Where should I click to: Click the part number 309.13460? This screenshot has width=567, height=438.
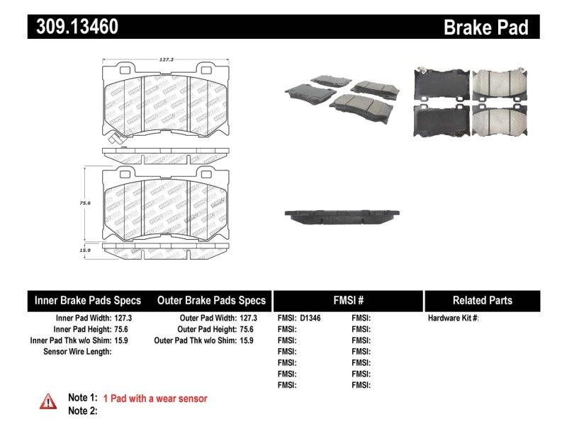click(x=73, y=27)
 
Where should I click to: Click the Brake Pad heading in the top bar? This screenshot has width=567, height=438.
click(x=486, y=28)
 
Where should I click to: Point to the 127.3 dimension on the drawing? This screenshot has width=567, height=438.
click(x=165, y=61)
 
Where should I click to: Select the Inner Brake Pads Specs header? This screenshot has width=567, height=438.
click(x=88, y=300)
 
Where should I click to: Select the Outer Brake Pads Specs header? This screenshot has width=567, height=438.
click(x=210, y=300)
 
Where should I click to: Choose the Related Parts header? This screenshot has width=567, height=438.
click(x=482, y=300)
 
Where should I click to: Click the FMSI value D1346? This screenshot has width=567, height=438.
click(x=310, y=318)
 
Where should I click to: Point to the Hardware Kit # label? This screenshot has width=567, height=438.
click(x=453, y=318)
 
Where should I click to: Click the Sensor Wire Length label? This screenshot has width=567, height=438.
click(x=77, y=352)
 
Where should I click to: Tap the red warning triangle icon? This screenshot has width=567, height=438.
click(x=47, y=401)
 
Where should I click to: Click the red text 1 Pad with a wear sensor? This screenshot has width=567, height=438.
click(x=155, y=399)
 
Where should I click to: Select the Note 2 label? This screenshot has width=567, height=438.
click(x=82, y=410)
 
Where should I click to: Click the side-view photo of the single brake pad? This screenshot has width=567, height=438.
click(x=341, y=215)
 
